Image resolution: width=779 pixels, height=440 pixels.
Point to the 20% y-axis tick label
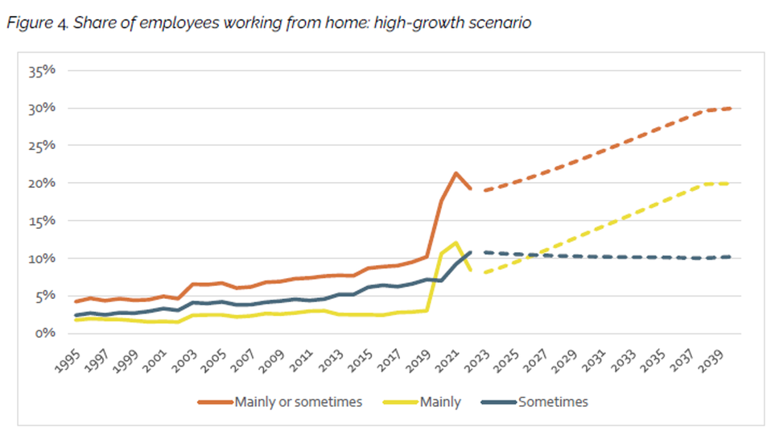coord(43,183)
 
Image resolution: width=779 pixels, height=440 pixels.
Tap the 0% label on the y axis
coord(46,333)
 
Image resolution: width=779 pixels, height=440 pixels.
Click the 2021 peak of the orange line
coord(456,172)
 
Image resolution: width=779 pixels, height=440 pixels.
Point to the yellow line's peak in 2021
coord(456,242)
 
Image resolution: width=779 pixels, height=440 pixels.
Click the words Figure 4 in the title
coord(36,23)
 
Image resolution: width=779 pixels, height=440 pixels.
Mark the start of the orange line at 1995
coord(76,301)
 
